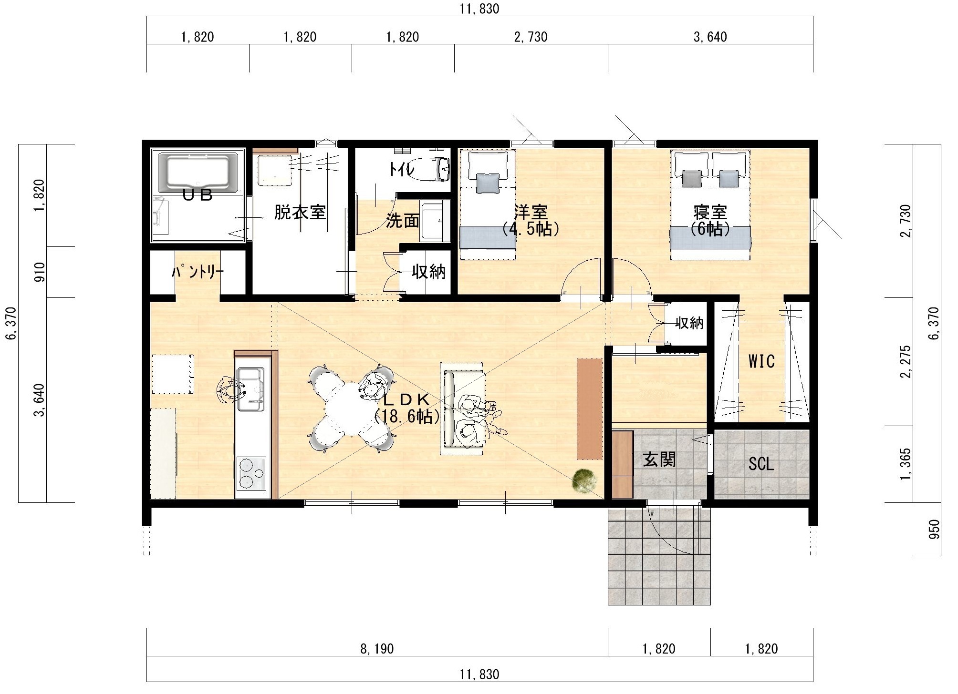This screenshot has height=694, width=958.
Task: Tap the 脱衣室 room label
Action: (300, 212)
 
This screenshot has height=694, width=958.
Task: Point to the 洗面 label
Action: (403, 221)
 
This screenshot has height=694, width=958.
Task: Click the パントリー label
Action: (198, 272)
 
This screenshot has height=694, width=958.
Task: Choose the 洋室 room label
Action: (531, 212)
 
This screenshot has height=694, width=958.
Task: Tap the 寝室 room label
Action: (710, 212)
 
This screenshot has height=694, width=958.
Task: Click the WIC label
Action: (761, 361)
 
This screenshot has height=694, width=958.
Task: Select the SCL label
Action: (761, 464)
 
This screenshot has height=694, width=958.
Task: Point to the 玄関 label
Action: (659, 460)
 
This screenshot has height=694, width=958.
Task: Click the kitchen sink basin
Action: (251, 389)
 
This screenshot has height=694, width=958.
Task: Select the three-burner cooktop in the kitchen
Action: (251, 473)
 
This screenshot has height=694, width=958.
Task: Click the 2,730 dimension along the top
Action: (531, 37)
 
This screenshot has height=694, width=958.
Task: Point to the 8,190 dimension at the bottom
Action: (377, 649)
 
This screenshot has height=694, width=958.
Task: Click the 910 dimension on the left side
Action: (40, 272)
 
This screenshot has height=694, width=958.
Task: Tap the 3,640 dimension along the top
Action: (710, 37)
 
